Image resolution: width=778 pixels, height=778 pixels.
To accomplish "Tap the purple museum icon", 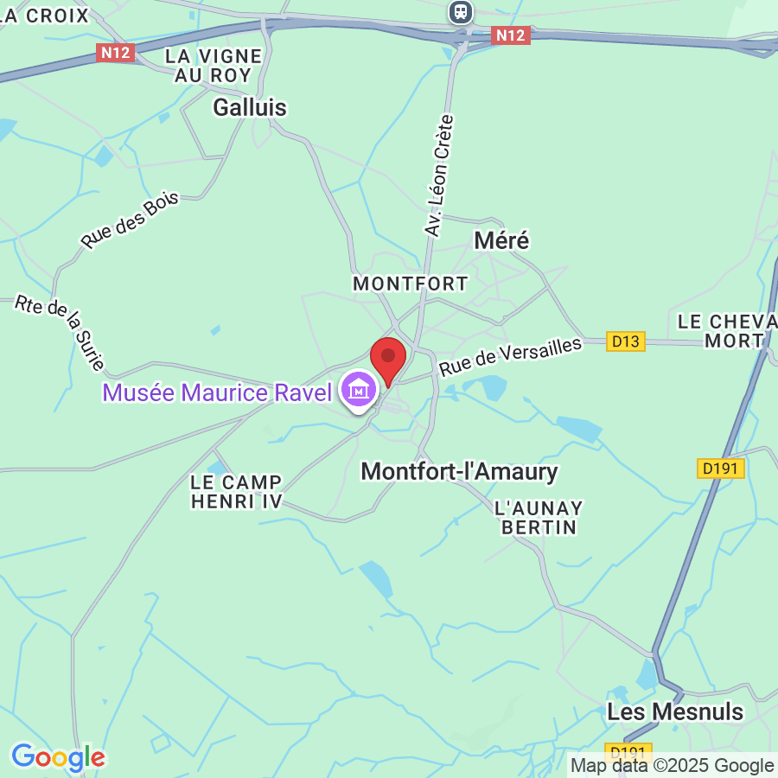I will coord(358,392).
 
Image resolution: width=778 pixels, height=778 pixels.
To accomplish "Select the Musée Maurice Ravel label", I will coord(217,392).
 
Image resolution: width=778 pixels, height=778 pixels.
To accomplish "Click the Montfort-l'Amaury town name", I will coord(459,472).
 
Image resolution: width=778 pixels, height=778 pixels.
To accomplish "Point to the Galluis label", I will coord(250,107).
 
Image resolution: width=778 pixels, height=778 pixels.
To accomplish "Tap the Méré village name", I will coord(502,240).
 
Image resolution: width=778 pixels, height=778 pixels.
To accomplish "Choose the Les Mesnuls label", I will coord(675,711).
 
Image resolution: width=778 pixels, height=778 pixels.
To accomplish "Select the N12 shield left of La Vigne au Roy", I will coord(115,53).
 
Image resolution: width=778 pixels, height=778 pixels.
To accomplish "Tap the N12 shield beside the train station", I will coord(509,35).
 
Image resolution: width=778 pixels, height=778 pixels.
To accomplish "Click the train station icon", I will coord(462,12).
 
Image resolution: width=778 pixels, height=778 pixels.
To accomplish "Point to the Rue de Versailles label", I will coord(510,355).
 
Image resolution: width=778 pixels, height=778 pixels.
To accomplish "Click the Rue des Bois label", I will coord(130,220).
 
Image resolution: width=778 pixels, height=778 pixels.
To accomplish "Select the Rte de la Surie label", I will coord(60,334).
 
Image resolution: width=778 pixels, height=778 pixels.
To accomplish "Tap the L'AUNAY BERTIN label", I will coord(539,517).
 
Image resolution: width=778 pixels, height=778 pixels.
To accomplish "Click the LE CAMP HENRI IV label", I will coord(236,492).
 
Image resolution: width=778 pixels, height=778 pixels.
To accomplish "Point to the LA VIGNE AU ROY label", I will coord(214,65).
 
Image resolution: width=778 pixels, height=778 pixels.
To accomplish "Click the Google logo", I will coord(58,757).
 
